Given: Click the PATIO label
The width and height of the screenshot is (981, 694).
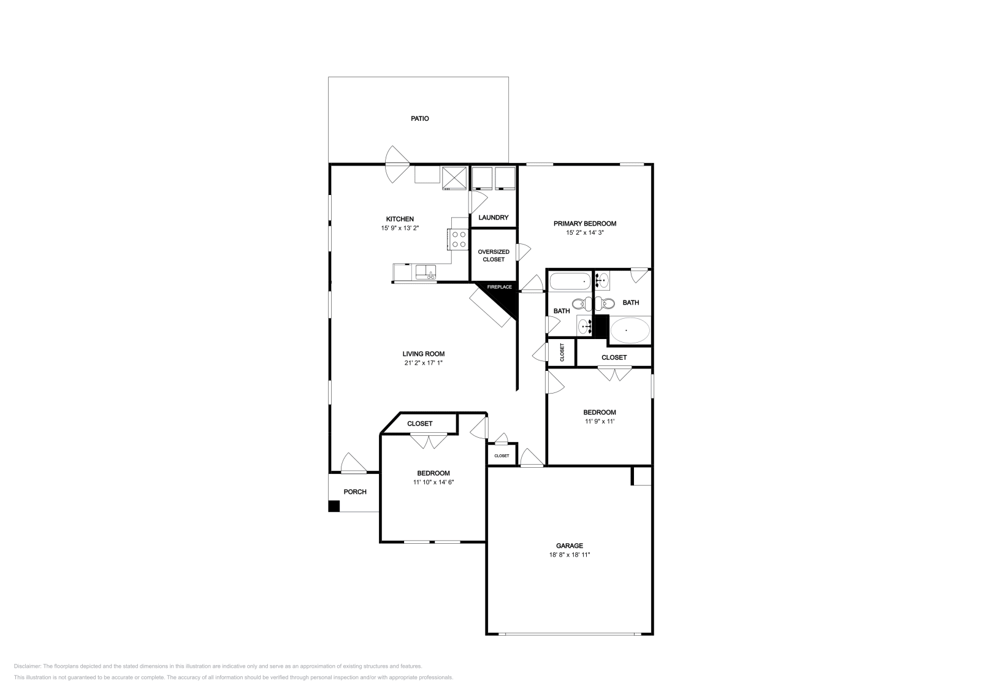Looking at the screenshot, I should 419,118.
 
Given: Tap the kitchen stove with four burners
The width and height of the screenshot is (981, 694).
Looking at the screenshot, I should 459,238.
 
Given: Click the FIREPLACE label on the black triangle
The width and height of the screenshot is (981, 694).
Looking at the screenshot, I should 499,287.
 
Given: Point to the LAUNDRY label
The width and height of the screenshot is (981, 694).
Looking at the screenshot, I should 493,218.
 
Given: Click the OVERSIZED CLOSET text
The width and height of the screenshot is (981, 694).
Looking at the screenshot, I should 494,256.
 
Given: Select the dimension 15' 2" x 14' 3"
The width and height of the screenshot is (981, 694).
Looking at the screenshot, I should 584,233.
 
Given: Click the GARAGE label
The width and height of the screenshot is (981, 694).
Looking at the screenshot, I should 569,546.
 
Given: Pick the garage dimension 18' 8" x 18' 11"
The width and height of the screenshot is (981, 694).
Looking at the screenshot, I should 569,555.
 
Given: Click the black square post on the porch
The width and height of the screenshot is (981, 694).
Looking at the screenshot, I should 334,506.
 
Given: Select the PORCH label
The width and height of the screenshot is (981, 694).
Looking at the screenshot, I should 354,492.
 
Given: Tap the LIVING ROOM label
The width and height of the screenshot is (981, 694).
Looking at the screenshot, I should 423,354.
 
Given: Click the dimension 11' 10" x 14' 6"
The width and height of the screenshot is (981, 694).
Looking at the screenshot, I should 433,482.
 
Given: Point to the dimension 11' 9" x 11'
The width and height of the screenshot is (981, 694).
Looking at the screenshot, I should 599,422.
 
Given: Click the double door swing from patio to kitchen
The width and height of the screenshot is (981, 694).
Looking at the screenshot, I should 397,164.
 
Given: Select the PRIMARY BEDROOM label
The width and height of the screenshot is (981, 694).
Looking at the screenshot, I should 584,224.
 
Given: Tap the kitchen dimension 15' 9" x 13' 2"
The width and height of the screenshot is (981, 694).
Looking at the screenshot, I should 399,228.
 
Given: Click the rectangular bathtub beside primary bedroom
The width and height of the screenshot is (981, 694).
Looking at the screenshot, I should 570,282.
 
